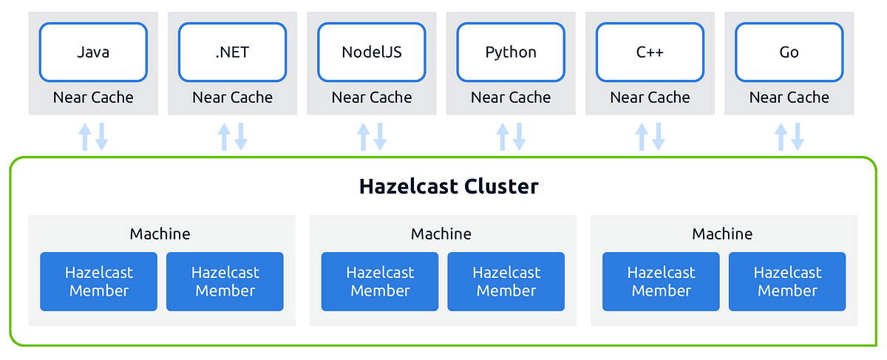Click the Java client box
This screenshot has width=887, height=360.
click(x=93, y=52)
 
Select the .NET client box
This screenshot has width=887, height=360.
click(x=232, y=52)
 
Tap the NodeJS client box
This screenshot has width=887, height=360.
click(x=371, y=52)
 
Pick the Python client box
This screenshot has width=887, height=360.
click(x=511, y=52)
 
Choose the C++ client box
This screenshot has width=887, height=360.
click(x=650, y=52)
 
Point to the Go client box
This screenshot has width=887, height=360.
click(x=789, y=52)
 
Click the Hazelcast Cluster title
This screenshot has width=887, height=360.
click(x=449, y=186)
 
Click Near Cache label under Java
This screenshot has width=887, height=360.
click(x=93, y=98)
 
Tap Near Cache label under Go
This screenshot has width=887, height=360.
click(x=789, y=98)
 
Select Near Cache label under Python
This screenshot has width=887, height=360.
click(x=511, y=98)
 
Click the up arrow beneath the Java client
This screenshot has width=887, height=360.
click(x=85, y=137)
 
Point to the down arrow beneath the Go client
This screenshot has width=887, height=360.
click(x=798, y=137)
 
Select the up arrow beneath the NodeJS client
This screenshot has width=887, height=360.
click(x=363, y=137)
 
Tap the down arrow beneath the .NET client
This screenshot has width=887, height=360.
click(x=241, y=137)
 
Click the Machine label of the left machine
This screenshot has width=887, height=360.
click(x=160, y=234)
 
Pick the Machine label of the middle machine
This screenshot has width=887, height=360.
click(x=441, y=234)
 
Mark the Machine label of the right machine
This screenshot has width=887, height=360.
click(x=722, y=234)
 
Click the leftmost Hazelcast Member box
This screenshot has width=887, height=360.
click(x=99, y=282)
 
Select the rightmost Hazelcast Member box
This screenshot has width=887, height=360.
click(x=787, y=282)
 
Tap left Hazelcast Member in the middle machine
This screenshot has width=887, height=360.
click(x=380, y=282)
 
